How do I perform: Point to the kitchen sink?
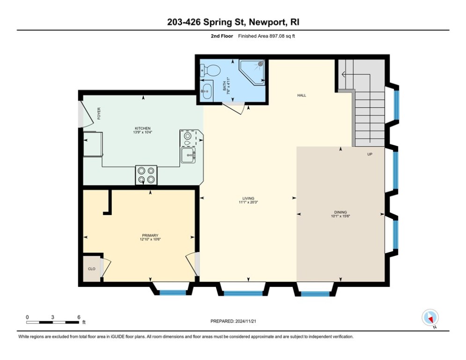pos(189,155)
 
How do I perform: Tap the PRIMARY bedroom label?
pos(150,236)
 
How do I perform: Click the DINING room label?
pos(340,212)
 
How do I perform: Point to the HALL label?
pos(302,95)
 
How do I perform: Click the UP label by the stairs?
pos(370,154)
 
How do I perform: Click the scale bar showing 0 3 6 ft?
pos(52,322)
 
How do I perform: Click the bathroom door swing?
pos(232,108)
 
